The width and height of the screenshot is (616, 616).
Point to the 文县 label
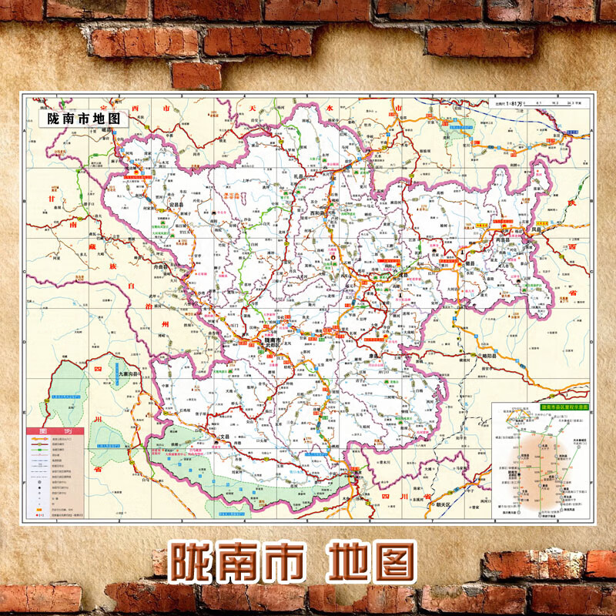point(224,437)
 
